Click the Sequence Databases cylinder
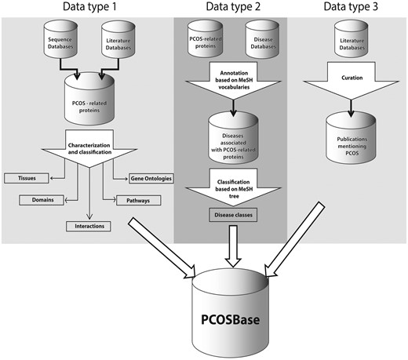(x=58, y=42)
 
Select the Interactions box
(x=89, y=226)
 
